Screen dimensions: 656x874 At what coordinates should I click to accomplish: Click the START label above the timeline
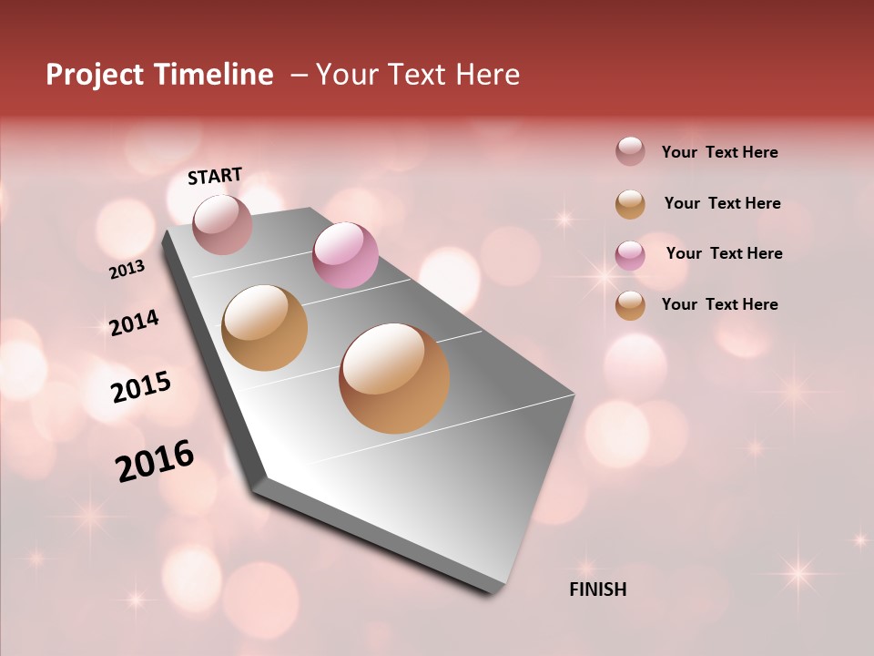[215, 176]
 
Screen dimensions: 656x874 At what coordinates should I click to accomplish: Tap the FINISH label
[598, 589]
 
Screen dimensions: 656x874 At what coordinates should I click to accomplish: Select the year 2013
[127, 270]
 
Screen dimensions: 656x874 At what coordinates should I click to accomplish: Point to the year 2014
[134, 323]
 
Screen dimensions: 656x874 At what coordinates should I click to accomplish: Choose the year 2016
[155, 461]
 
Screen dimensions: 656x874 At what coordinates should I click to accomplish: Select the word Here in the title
[487, 75]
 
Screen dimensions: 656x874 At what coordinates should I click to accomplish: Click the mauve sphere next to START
[223, 224]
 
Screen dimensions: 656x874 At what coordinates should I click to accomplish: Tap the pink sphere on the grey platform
[345, 255]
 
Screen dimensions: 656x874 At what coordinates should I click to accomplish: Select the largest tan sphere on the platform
[394, 378]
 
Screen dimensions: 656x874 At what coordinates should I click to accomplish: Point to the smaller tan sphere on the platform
[265, 328]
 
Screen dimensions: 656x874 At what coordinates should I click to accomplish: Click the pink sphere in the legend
[630, 255]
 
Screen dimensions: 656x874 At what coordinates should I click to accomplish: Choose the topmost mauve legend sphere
[630, 151]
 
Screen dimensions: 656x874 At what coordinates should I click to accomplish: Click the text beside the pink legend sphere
[724, 253]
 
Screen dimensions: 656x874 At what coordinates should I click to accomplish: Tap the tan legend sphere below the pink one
[630, 305]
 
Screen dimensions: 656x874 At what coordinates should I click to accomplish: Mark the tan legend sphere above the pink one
[630, 204]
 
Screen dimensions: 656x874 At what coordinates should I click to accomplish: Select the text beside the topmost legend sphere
[719, 152]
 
